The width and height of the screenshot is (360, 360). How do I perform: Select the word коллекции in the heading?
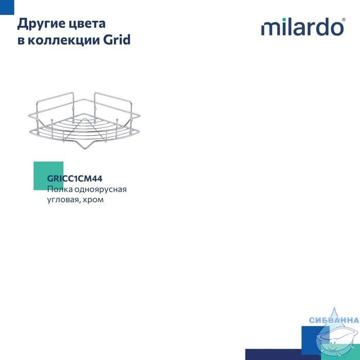64,40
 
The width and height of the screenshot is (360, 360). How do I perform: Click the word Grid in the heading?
117,40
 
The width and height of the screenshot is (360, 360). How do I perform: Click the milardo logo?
303,27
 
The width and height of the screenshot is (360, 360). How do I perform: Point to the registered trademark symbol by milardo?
344,20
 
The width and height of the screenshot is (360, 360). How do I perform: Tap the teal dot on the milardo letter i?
284,20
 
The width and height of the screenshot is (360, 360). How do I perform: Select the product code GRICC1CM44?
75,178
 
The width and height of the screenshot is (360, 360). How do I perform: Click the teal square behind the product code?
48,176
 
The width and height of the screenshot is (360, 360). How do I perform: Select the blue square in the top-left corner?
7,7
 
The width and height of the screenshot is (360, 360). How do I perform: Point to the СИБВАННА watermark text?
334,320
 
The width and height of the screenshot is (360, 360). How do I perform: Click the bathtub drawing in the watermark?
337,342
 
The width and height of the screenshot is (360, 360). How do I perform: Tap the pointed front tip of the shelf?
85,149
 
